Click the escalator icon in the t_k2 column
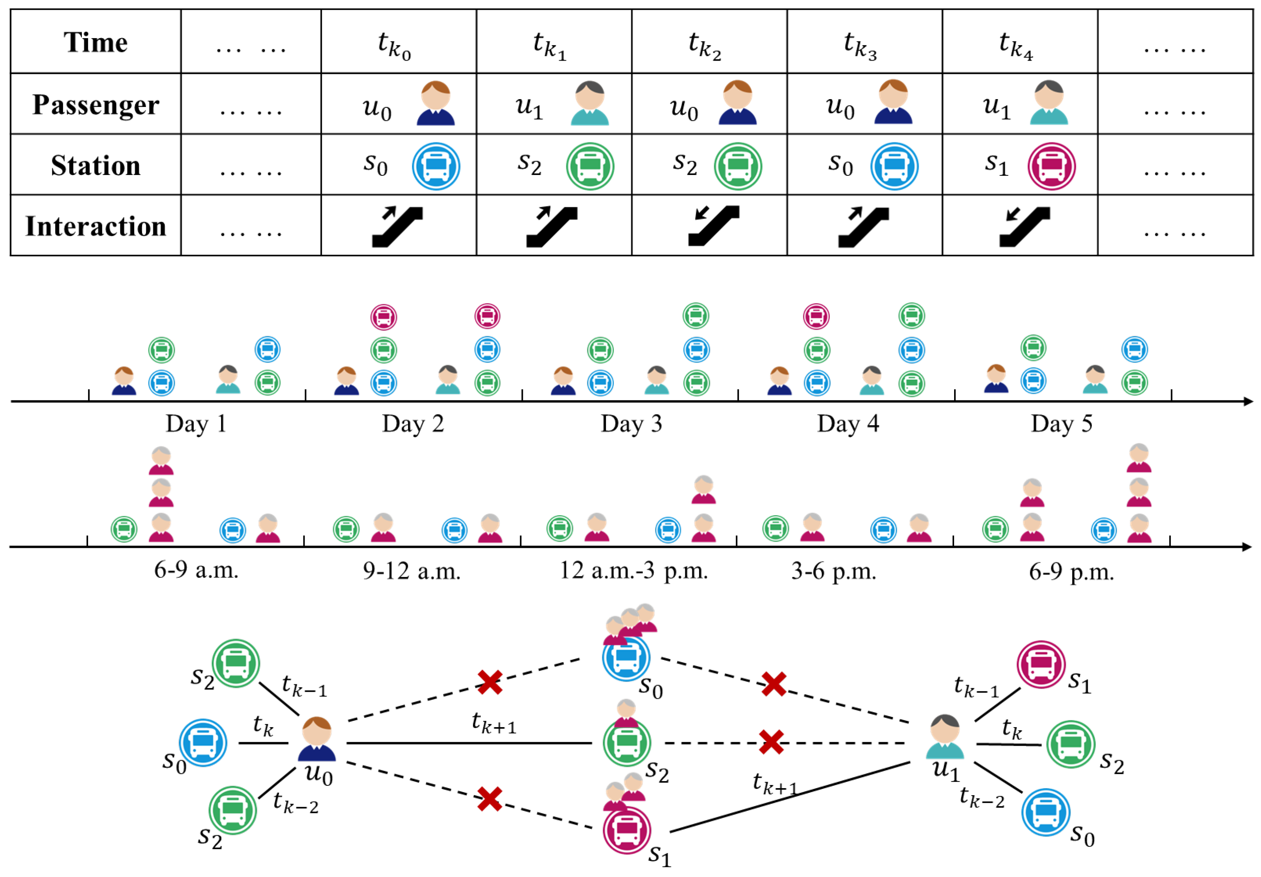[713, 226]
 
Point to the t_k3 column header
[860, 44]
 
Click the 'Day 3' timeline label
[631, 424]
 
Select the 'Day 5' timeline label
[1061, 424]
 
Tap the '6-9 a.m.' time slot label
[196, 570]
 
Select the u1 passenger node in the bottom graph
[945, 737]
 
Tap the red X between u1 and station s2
[771, 742]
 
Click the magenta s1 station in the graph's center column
[627, 830]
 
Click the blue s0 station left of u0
[203, 743]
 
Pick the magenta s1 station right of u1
[1041, 664]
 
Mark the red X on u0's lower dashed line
[489, 799]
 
